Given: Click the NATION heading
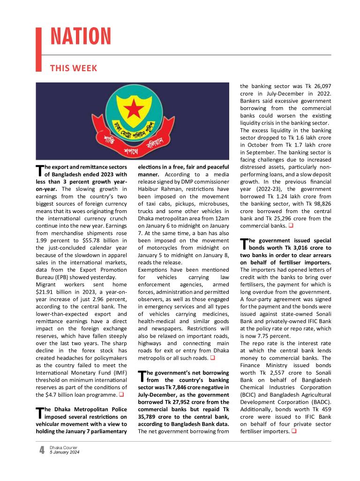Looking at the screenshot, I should click(x=81, y=37).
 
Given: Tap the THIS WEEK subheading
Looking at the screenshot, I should click(x=74, y=68).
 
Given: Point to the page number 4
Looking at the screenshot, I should click(x=42, y=450).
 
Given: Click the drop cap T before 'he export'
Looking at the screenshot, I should click(x=39, y=170).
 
